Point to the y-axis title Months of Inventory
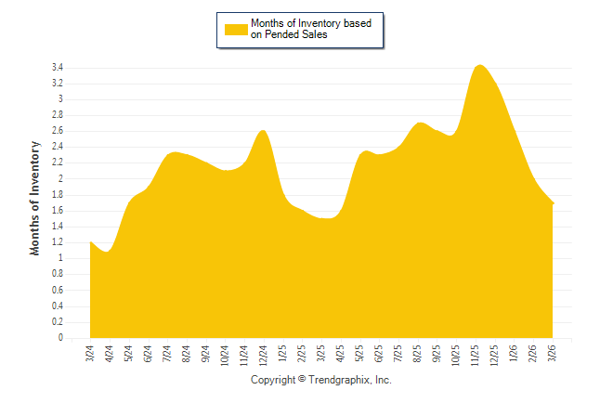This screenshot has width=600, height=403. tap(35, 198)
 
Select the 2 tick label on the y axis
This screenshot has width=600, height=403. tap(59, 179)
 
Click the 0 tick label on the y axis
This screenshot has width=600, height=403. tap(59, 338)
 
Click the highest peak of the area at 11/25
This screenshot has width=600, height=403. tap(478, 65)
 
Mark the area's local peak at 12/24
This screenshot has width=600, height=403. tap(264, 130)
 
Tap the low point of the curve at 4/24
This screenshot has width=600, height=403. tap(108, 252)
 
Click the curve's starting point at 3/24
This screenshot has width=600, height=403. tap(90, 242)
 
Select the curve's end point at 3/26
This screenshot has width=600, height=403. tap(554, 202)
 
